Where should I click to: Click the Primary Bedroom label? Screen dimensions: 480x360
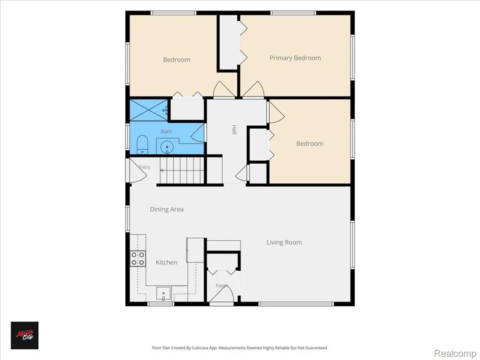coord(295,58)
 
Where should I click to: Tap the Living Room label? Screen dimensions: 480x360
coord(284,242)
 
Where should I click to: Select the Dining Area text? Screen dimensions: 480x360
coord(167,209)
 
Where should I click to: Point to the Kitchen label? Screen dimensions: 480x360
coord(167,263)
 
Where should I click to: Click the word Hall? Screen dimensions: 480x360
coord(234,130)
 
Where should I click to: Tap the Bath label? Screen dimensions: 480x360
coord(166,132)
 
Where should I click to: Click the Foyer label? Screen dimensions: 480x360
coord(222,286)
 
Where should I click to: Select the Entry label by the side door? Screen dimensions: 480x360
coord(144,167)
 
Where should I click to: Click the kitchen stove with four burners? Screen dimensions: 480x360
coord(138,258)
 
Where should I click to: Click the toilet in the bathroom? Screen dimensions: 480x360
coord(143,145)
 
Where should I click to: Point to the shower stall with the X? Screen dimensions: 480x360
coord(149,110)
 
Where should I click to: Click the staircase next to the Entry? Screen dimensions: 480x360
coord(182,170)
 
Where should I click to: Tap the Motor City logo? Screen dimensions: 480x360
coord(25,335)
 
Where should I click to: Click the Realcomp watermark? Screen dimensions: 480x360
coord(455,353)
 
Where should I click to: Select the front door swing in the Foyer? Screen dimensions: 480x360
coord(222,293)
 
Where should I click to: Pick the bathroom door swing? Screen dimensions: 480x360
coord(198,133)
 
